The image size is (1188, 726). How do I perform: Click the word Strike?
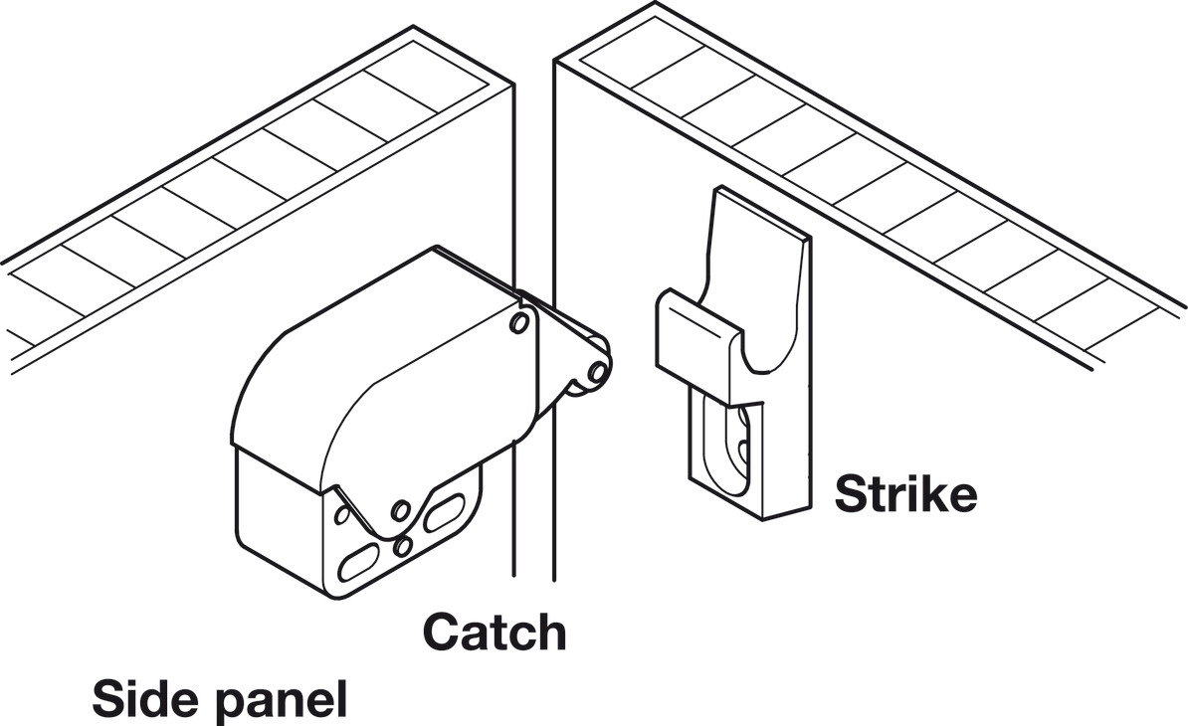coord(905,493)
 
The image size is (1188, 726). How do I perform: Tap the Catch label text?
coord(495,631)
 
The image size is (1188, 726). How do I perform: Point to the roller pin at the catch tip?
coord(596,371)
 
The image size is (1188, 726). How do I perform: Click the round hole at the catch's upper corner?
coord(517,323)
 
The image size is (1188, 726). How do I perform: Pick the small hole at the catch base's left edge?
coord(340,513)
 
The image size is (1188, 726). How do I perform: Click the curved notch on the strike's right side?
coord(766,358)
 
